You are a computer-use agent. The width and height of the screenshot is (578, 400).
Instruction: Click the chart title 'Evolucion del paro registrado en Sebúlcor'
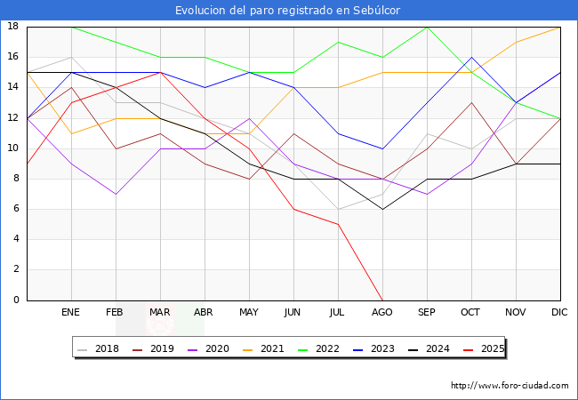(x=288, y=11)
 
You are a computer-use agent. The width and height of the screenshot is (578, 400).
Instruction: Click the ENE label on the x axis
(x=71, y=313)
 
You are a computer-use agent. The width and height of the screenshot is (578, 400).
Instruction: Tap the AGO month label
(x=382, y=313)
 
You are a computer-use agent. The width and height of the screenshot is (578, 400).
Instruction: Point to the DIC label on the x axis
(x=560, y=313)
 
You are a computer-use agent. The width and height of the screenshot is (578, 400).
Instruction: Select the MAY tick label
(x=249, y=313)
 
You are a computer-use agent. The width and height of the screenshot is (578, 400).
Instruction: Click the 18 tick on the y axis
(x=13, y=27)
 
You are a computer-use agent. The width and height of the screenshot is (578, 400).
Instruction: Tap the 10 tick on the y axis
(x=13, y=148)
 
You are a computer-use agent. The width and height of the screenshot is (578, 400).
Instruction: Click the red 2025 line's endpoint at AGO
(x=382, y=300)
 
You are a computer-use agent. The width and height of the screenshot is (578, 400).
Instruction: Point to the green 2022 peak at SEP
(x=427, y=27)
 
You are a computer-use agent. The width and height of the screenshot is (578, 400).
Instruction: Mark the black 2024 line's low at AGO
(x=382, y=209)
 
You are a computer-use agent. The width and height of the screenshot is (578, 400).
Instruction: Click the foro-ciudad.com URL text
(x=510, y=386)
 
